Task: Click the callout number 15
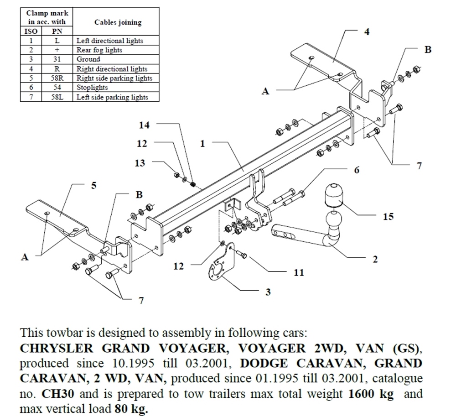(388, 217)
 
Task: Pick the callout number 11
(299, 272)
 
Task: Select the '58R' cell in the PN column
(57, 78)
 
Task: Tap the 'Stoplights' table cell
(92, 88)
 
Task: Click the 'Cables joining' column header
(118, 22)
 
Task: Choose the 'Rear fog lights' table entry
(99, 50)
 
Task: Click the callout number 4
(367, 31)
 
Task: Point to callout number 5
(93, 185)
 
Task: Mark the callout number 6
(357, 170)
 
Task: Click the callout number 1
(202, 143)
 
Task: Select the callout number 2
(375, 259)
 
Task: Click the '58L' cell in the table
(57, 97)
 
